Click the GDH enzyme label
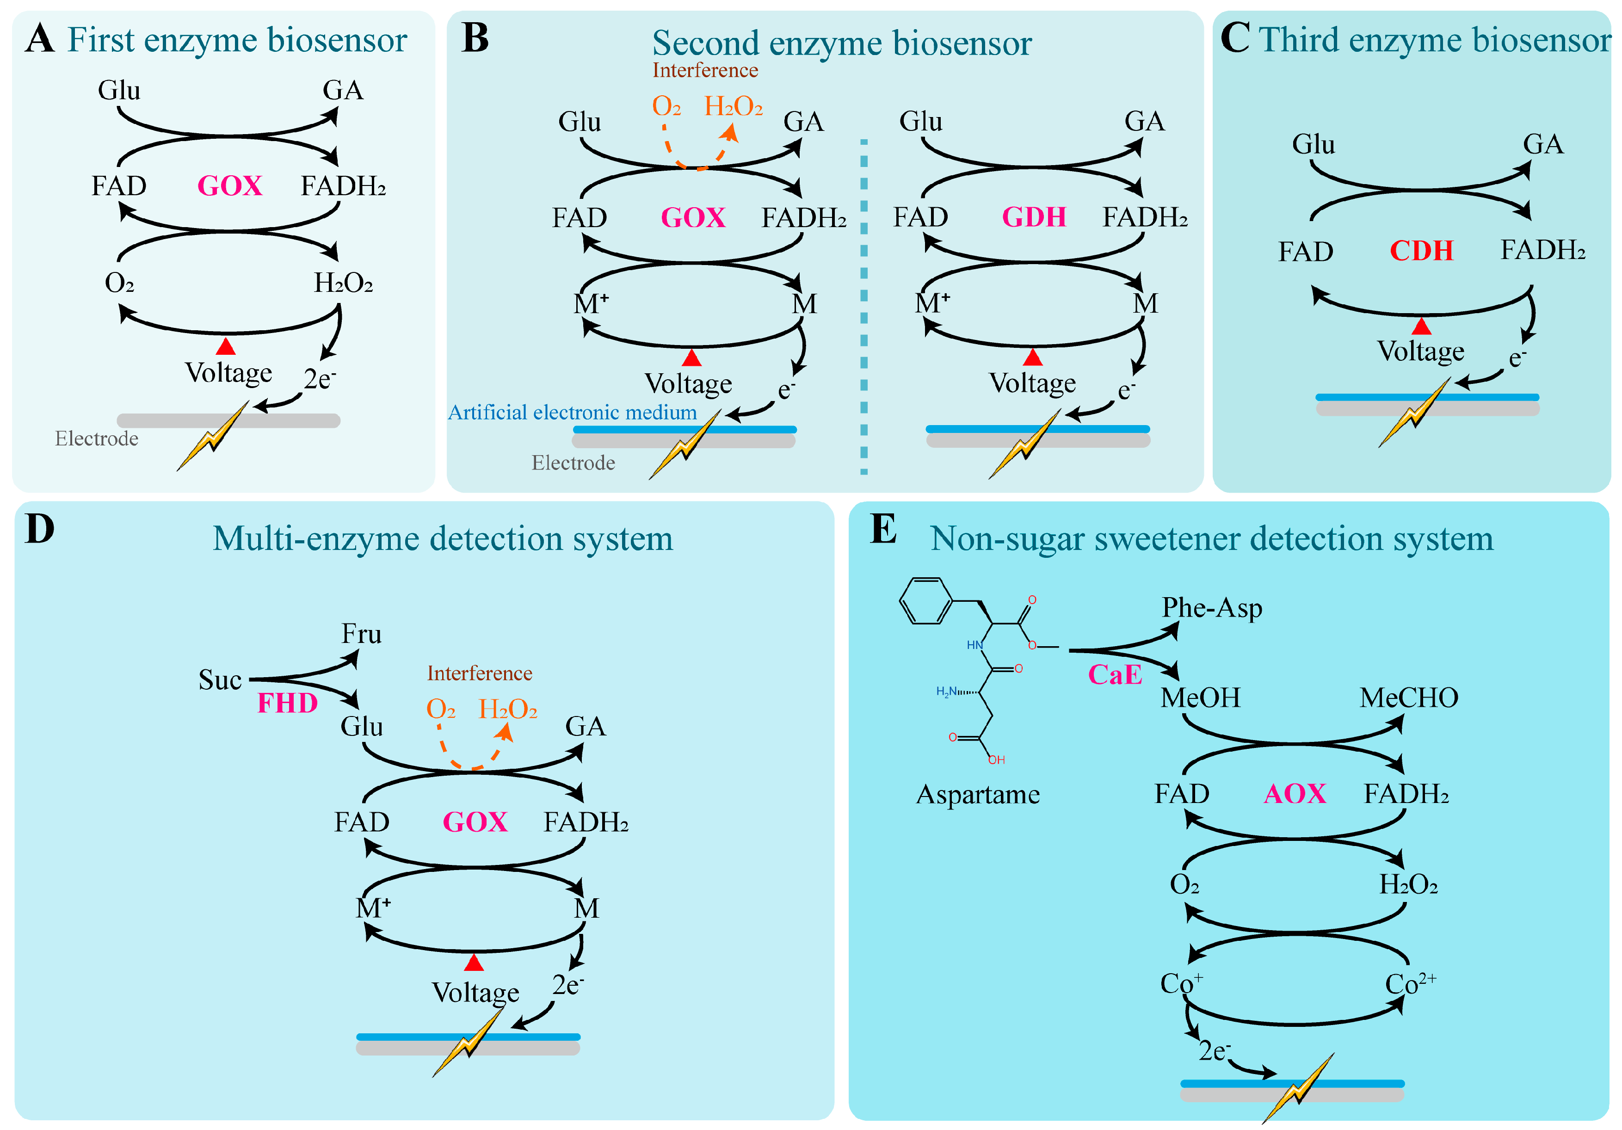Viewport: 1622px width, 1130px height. pos(1034,217)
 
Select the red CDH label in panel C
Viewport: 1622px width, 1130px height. pos(1421,251)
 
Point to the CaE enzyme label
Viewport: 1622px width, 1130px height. pos(1114,674)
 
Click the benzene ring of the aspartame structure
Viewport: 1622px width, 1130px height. pos(926,601)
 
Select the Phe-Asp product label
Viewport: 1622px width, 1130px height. pos(1212,608)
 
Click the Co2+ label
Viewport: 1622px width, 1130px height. pos(1409,983)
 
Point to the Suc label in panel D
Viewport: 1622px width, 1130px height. pos(220,680)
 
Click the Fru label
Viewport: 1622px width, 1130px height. pos(361,634)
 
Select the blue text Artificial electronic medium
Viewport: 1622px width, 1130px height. pos(572,412)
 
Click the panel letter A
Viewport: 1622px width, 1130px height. pos(40,38)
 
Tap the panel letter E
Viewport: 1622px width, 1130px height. pos(883,529)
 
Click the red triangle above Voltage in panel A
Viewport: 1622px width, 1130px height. pos(225,346)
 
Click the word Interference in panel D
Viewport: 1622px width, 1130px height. pos(479,673)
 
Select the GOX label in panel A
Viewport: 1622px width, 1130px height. pos(229,186)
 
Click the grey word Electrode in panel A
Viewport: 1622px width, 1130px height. pos(97,439)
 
